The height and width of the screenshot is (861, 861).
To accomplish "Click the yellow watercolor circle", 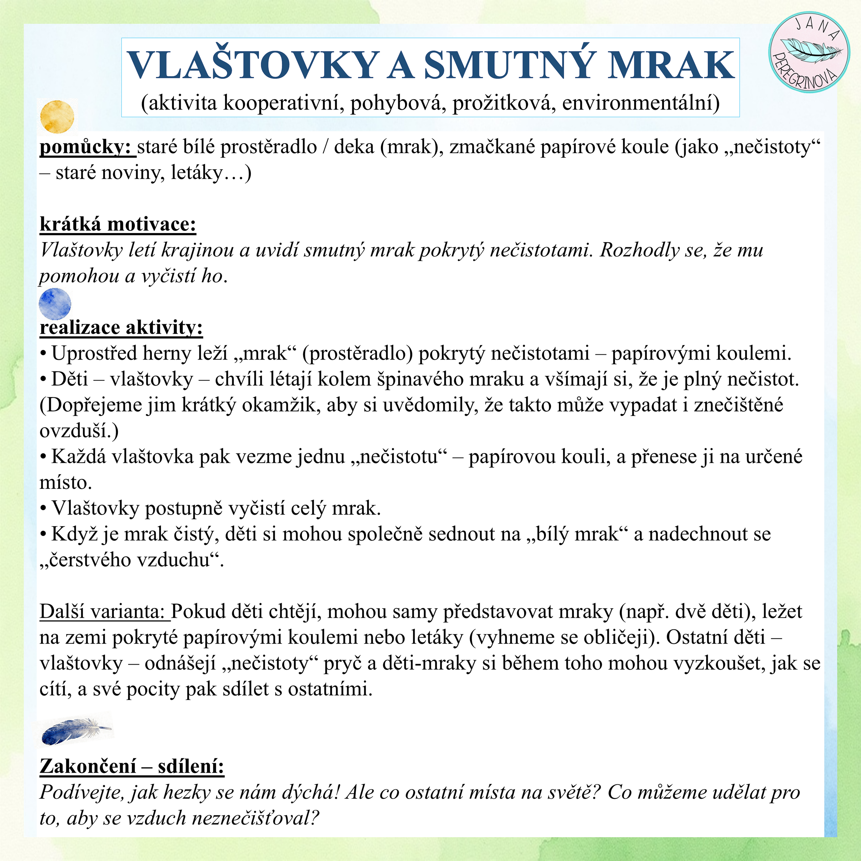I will click(x=57, y=117).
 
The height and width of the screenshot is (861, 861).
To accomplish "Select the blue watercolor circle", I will click(x=55, y=304).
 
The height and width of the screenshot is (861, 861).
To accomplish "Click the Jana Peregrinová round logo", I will click(x=809, y=52).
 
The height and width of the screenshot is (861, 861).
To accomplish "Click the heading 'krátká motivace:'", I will click(x=118, y=224).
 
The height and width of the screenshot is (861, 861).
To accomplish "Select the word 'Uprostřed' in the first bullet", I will click(x=94, y=353).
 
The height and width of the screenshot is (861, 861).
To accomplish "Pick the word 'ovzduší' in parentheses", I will click(x=76, y=431).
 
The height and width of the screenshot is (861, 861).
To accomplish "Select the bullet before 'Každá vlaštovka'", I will click(x=43, y=457).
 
